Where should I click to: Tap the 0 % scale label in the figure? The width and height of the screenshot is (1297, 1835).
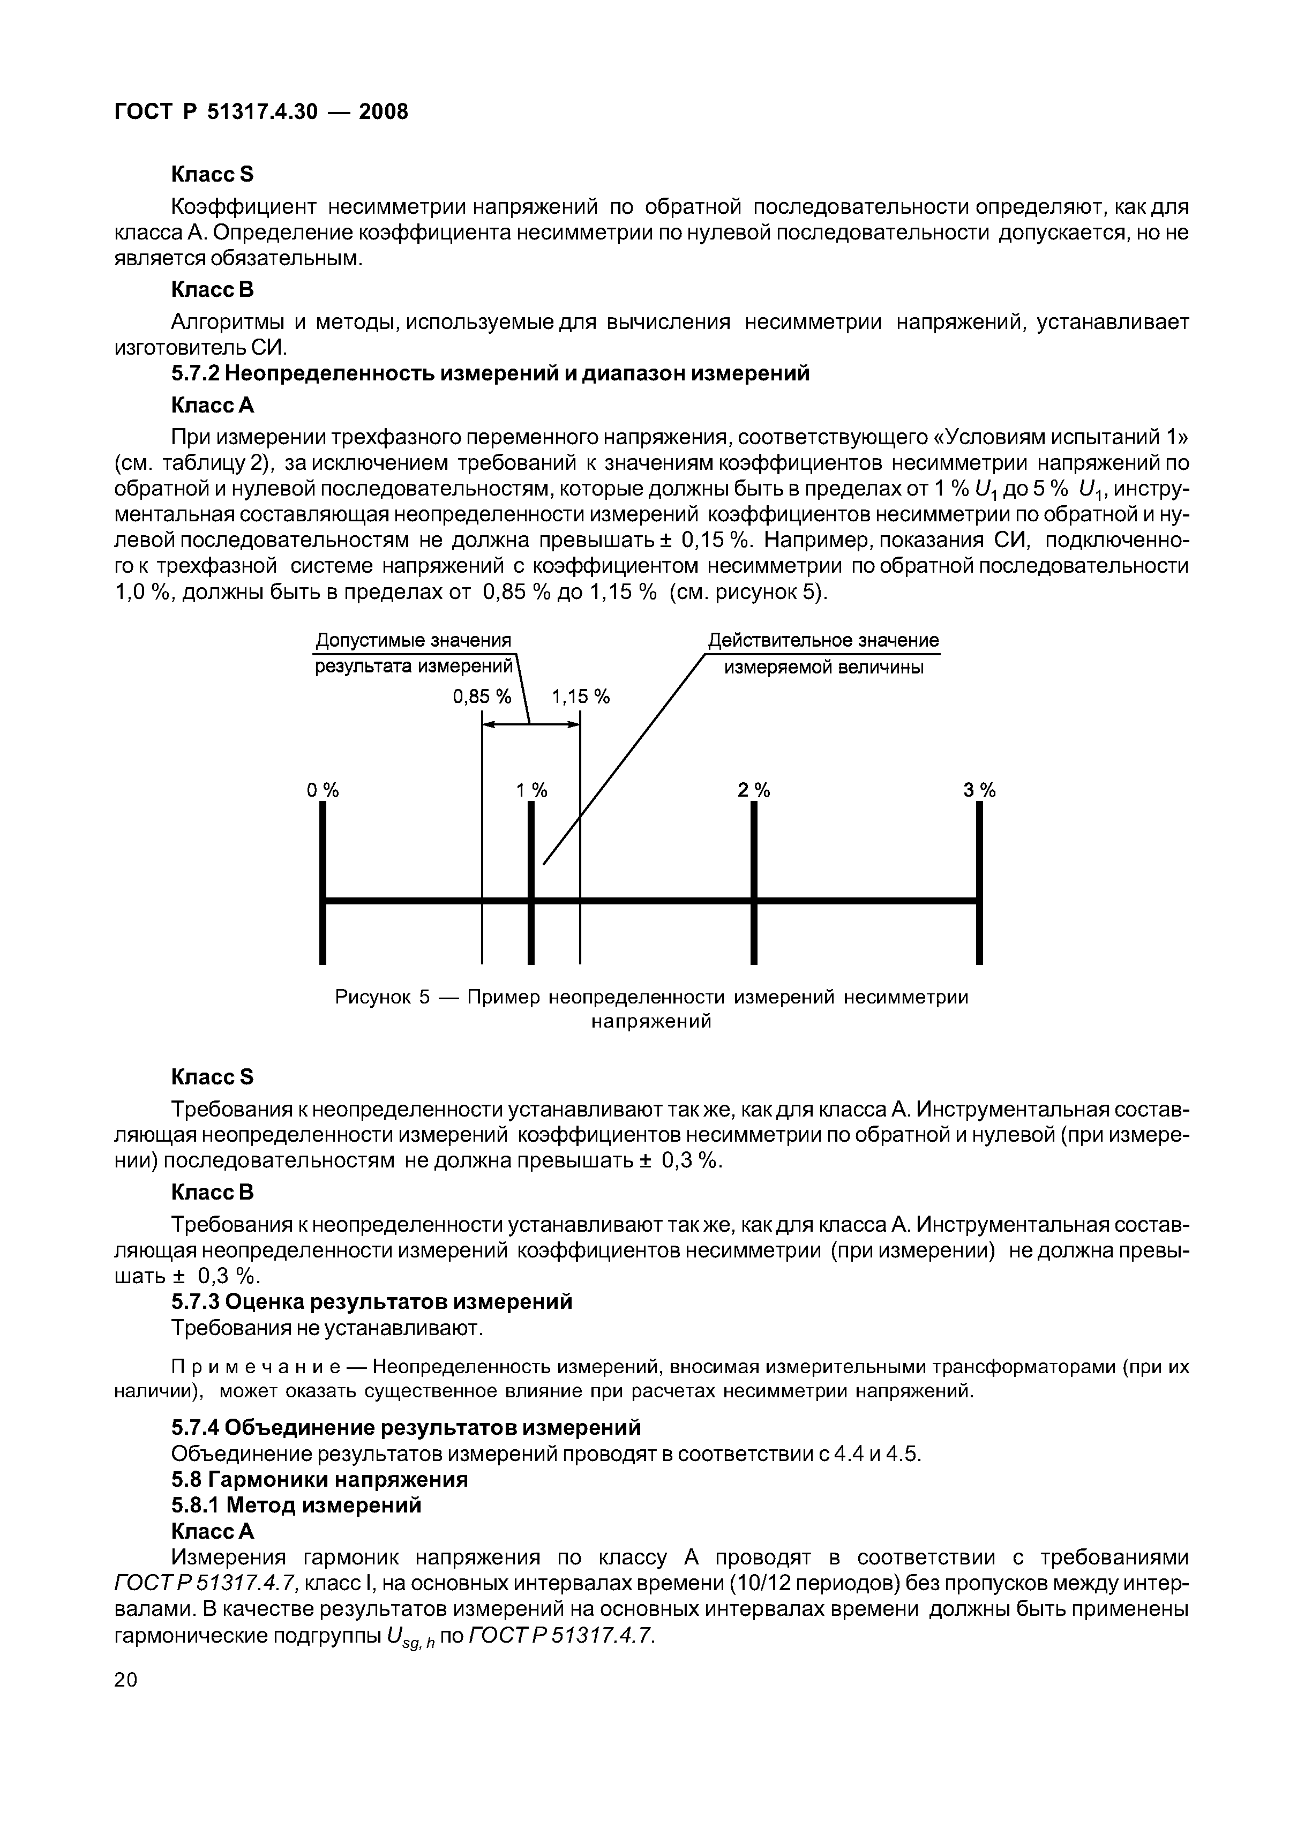[323, 790]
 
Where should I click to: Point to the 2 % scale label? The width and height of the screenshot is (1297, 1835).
[754, 790]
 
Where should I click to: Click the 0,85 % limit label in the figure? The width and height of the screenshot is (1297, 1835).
[481, 697]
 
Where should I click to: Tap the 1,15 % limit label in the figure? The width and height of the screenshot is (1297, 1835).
[581, 697]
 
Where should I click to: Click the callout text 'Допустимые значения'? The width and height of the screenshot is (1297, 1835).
[413, 641]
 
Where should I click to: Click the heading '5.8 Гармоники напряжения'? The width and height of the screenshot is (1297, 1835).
[320, 1479]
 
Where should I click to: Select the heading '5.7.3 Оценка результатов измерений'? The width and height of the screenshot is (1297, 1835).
[372, 1302]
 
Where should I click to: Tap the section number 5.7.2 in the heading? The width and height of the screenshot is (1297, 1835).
[196, 373]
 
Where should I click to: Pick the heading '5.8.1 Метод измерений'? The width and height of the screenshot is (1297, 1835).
[296, 1505]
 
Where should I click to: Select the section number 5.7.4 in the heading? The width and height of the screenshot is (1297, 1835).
[196, 1427]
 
